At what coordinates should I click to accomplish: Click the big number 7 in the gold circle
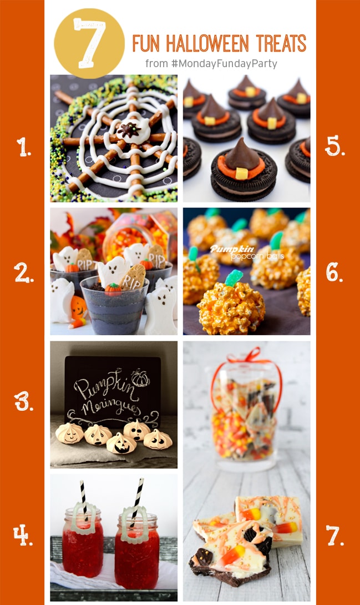point(89,43)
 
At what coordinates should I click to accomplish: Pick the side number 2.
point(23,272)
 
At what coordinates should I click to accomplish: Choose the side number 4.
point(23,535)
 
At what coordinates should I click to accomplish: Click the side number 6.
point(336,272)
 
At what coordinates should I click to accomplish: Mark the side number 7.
point(336,535)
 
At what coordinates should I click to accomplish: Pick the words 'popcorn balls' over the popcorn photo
point(233,257)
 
